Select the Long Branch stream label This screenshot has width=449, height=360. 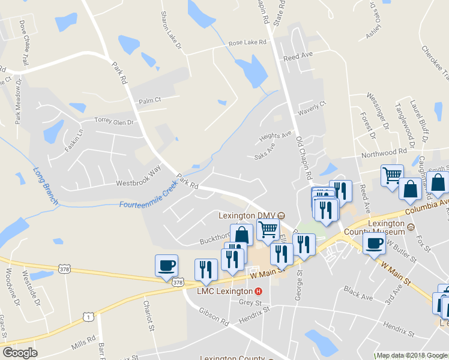tap(46, 186)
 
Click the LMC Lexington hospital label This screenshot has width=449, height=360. tap(226, 291)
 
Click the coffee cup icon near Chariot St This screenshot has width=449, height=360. tap(166, 265)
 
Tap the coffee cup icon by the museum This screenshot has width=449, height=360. tap(374, 242)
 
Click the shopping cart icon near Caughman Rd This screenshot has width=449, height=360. tap(392, 176)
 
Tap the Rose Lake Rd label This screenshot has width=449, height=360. tap(247, 44)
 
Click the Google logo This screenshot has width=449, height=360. tap(20, 353)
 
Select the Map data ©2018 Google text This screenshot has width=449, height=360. tap(411, 355)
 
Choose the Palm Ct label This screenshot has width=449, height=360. tap(150, 100)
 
